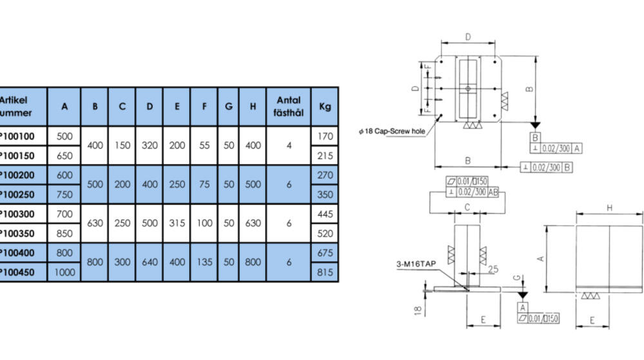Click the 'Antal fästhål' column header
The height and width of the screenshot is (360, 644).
289,106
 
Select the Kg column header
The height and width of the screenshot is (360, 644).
325,106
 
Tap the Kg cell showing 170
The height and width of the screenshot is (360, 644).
325,136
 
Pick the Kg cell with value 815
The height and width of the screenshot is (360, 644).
325,272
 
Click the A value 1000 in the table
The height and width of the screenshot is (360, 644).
64,272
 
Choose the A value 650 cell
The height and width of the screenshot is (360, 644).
64,155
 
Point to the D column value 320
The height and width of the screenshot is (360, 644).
149,146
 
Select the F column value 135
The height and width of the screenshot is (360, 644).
204,263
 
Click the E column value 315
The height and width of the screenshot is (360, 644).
176,223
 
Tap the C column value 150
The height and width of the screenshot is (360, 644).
122,146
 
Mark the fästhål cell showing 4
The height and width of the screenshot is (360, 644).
289,146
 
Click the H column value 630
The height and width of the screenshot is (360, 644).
252,223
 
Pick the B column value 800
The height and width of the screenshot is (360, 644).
95,263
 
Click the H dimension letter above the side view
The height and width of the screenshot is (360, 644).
609,208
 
